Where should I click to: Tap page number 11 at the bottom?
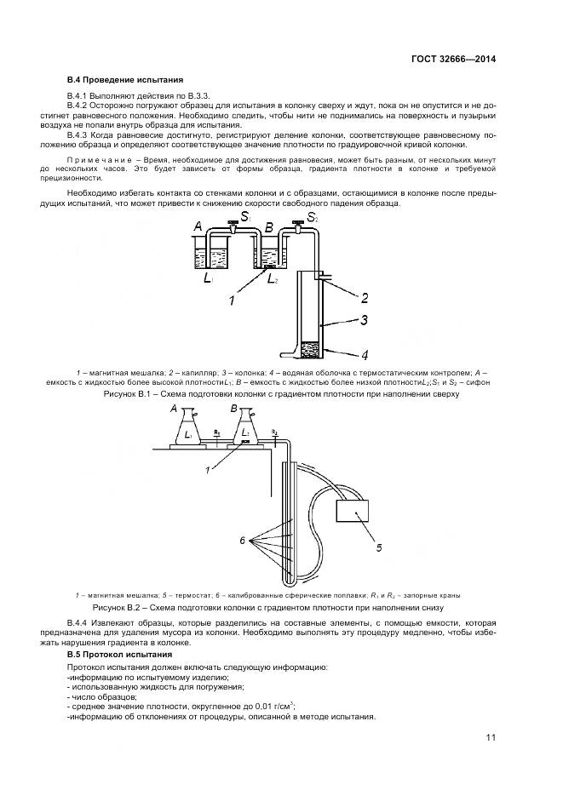click(491, 737)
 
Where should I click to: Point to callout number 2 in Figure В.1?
click(364, 298)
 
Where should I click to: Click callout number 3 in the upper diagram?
click(364, 321)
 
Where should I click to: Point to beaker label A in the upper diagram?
click(198, 226)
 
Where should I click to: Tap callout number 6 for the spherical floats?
click(243, 541)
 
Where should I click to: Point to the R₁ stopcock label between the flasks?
click(218, 433)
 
